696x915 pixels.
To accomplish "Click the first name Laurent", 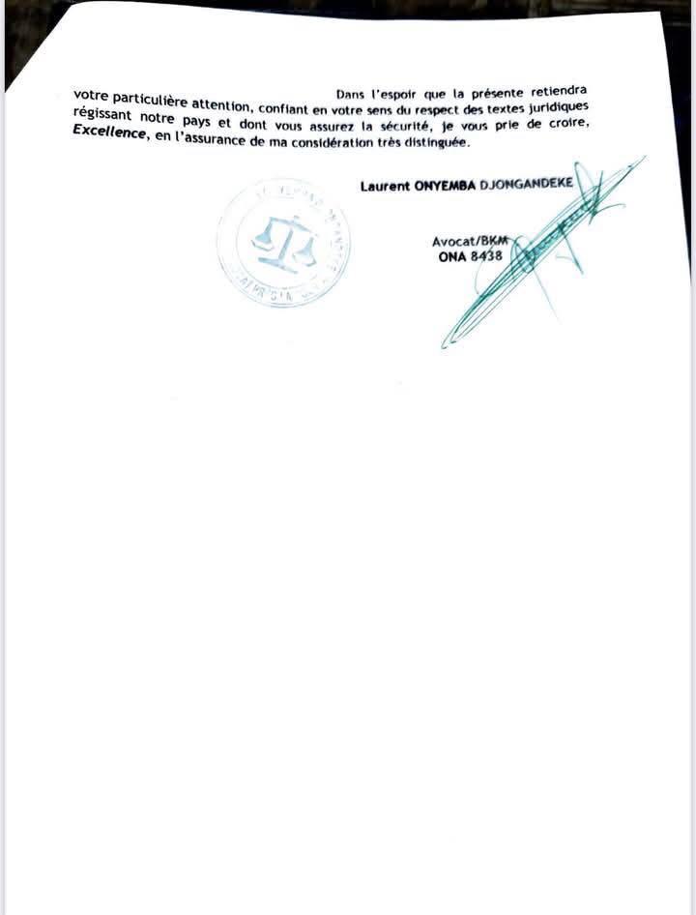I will coord(385,185).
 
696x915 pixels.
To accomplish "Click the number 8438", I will coord(485,257).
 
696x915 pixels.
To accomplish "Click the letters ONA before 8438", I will coord(452,258).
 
